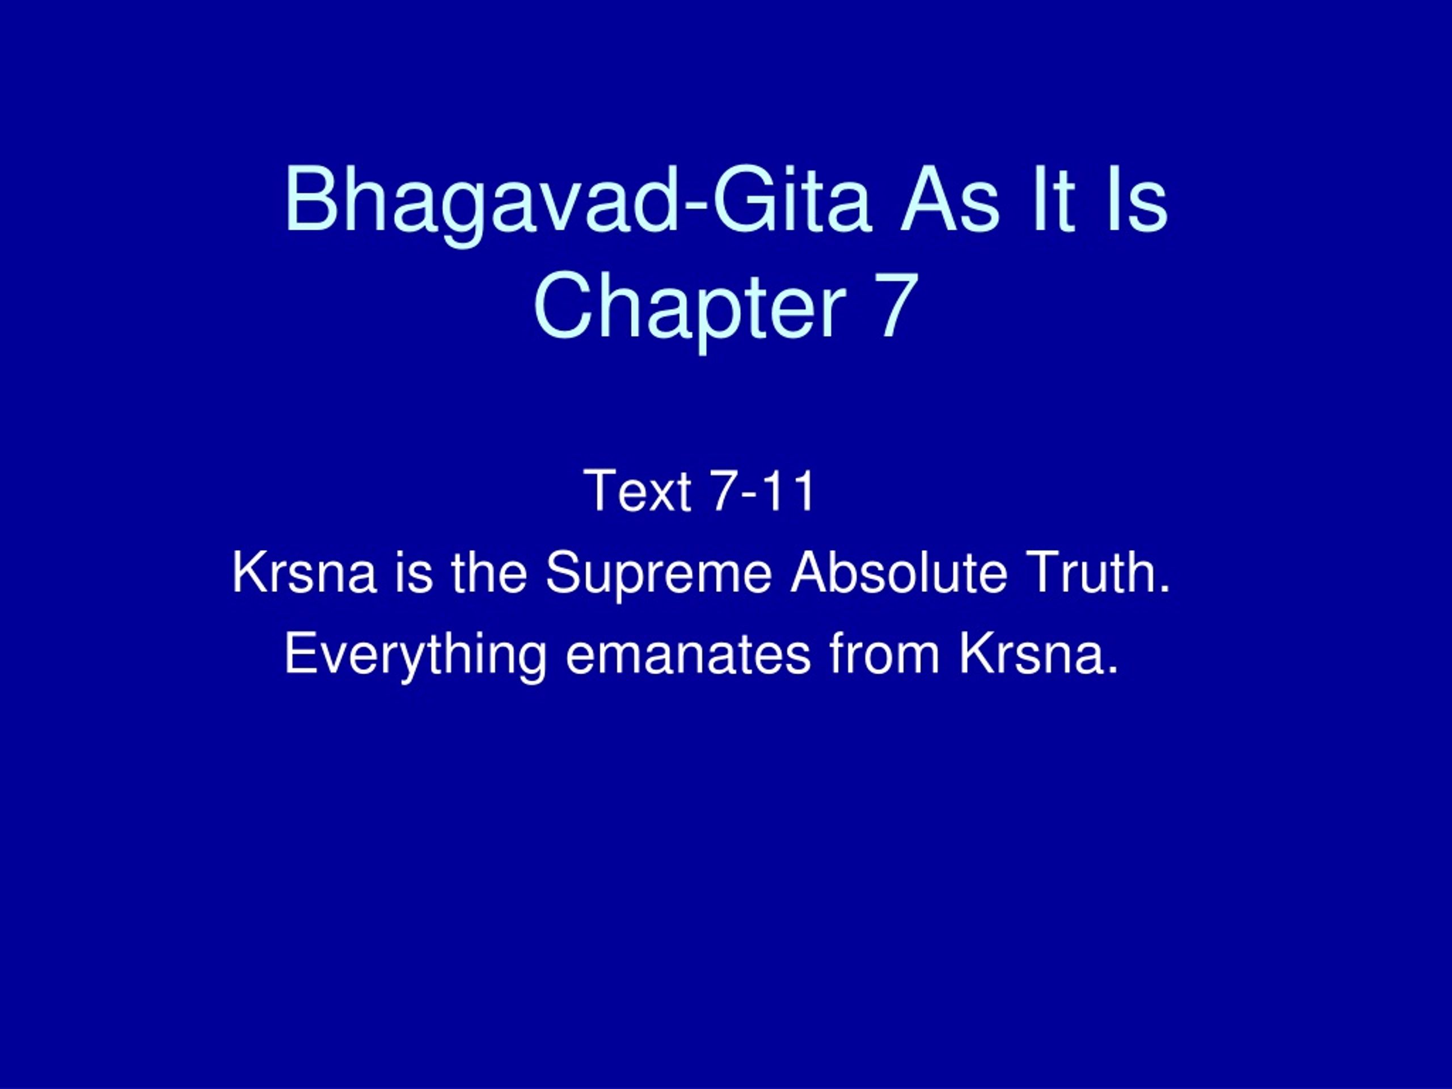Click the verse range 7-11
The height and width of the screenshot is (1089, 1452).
[763, 491]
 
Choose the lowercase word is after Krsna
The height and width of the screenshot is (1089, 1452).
[414, 572]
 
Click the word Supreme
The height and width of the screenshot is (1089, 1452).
[659, 577]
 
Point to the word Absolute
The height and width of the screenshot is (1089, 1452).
[898, 572]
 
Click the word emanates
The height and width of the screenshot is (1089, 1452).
[687, 655]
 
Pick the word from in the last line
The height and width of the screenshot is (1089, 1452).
[884, 654]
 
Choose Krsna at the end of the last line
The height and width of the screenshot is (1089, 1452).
[1039, 654]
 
